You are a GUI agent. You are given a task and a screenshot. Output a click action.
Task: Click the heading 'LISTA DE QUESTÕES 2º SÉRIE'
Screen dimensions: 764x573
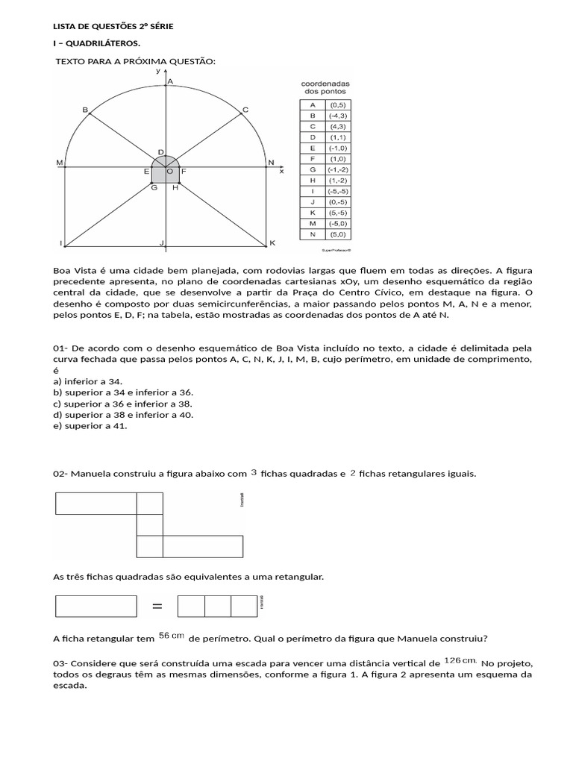[x=113, y=27]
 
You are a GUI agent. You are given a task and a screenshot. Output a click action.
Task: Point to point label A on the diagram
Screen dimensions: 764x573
[x=170, y=81]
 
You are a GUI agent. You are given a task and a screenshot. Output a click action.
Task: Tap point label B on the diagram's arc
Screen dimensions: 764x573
[x=85, y=110]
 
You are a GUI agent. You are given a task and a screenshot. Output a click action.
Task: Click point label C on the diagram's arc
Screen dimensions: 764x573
[x=245, y=110]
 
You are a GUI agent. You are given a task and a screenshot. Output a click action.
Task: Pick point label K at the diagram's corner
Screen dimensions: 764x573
[x=272, y=243]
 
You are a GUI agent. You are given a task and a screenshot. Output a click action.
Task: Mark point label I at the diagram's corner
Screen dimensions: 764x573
[x=60, y=243]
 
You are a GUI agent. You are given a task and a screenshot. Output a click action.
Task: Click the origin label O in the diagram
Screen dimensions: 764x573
[x=169, y=172]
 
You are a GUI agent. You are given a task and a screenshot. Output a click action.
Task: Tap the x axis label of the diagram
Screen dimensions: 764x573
[x=281, y=171]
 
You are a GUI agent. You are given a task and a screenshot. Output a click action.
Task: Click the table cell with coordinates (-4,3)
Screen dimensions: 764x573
[x=337, y=116]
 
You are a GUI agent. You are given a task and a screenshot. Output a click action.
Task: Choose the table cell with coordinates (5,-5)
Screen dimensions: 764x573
[x=337, y=213]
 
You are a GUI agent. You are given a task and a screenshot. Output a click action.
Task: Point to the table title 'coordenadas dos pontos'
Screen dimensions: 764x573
[x=325, y=87]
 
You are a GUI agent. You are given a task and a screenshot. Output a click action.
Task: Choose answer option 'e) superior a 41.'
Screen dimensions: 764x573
[x=90, y=425]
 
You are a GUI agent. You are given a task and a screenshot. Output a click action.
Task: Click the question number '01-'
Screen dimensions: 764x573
[x=60, y=348]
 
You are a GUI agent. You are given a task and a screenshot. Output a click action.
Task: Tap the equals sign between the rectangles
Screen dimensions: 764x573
[x=157, y=607]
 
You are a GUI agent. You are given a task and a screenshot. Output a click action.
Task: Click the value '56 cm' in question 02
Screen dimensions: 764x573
[x=172, y=636]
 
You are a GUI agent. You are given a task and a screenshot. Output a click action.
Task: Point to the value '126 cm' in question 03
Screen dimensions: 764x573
[x=460, y=660]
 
